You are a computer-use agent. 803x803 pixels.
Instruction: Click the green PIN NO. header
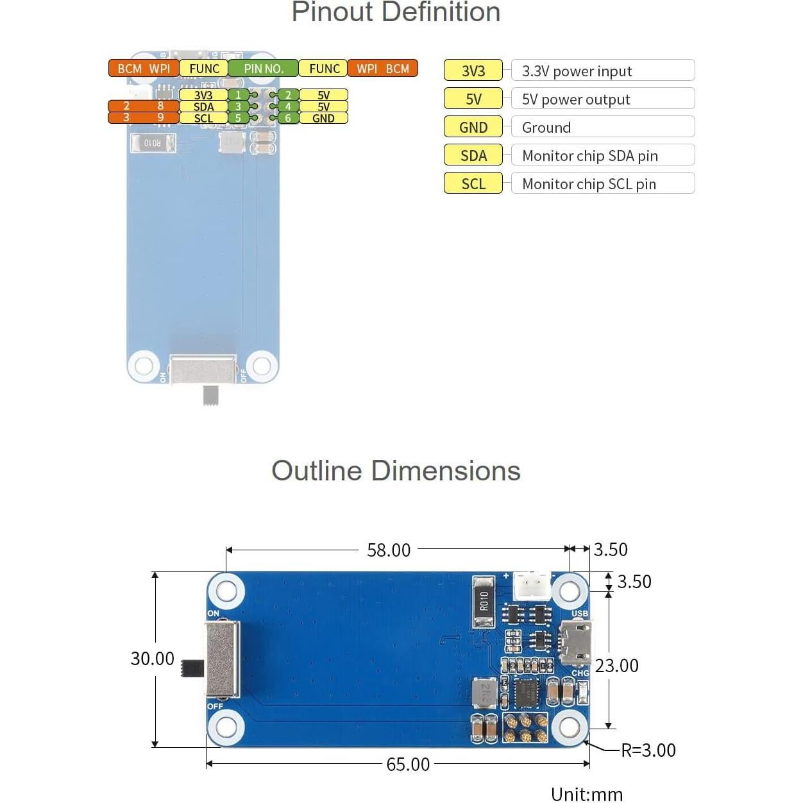(x=264, y=69)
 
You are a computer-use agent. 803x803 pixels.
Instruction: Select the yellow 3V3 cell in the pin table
(x=203, y=94)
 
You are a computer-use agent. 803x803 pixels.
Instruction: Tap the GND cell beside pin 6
(x=323, y=119)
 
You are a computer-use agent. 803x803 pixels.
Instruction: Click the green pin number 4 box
(x=287, y=106)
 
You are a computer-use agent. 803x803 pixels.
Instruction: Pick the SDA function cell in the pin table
(x=203, y=106)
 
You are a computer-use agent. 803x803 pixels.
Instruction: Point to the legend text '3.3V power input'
(x=577, y=71)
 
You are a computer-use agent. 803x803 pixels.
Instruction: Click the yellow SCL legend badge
(x=473, y=183)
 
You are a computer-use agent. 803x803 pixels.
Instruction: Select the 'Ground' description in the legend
(x=546, y=128)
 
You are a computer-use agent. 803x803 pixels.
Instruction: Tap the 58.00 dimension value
(x=389, y=550)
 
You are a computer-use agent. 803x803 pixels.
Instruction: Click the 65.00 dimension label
(x=407, y=765)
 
